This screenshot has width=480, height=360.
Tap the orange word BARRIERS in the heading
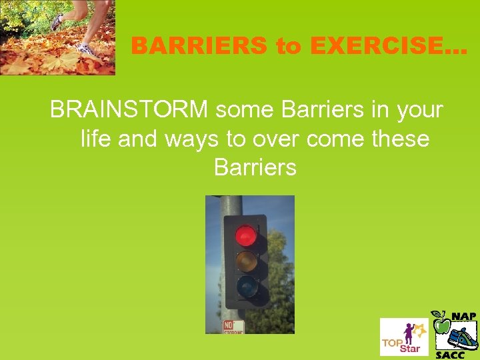click(201, 46)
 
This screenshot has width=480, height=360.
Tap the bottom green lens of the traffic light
click(246, 287)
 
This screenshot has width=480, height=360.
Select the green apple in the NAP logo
click(441, 325)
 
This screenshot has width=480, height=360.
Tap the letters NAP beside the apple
click(464, 315)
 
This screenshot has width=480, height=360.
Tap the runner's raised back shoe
click(57, 21)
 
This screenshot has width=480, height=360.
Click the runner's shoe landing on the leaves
click(85, 49)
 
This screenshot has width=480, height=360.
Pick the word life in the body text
click(97, 139)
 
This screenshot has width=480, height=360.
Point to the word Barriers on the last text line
click(255, 167)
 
